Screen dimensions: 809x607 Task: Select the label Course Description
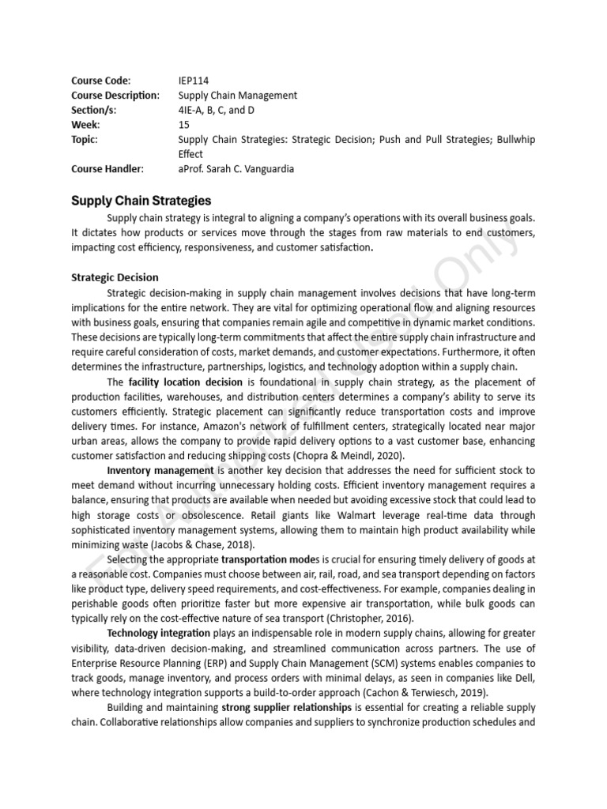115,96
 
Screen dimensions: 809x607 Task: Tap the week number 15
184,125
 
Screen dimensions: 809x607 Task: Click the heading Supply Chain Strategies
141,201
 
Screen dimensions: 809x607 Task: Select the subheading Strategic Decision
115,277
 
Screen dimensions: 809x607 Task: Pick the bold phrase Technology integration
158,633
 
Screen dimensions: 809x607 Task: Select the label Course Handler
107,169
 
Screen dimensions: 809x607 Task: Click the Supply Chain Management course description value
238,96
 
